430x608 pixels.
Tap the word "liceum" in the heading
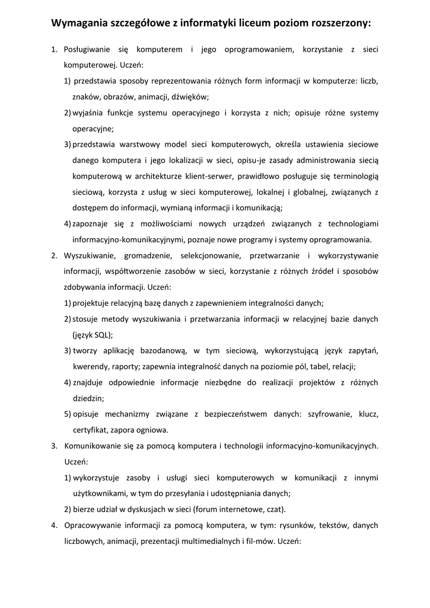click(x=240, y=23)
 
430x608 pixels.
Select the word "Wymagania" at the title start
click(x=79, y=23)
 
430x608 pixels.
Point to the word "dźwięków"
click(x=190, y=96)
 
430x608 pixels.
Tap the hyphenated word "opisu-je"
click(x=251, y=160)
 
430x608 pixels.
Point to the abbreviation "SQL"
click(x=102, y=335)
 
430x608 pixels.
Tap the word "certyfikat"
click(x=90, y=430)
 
